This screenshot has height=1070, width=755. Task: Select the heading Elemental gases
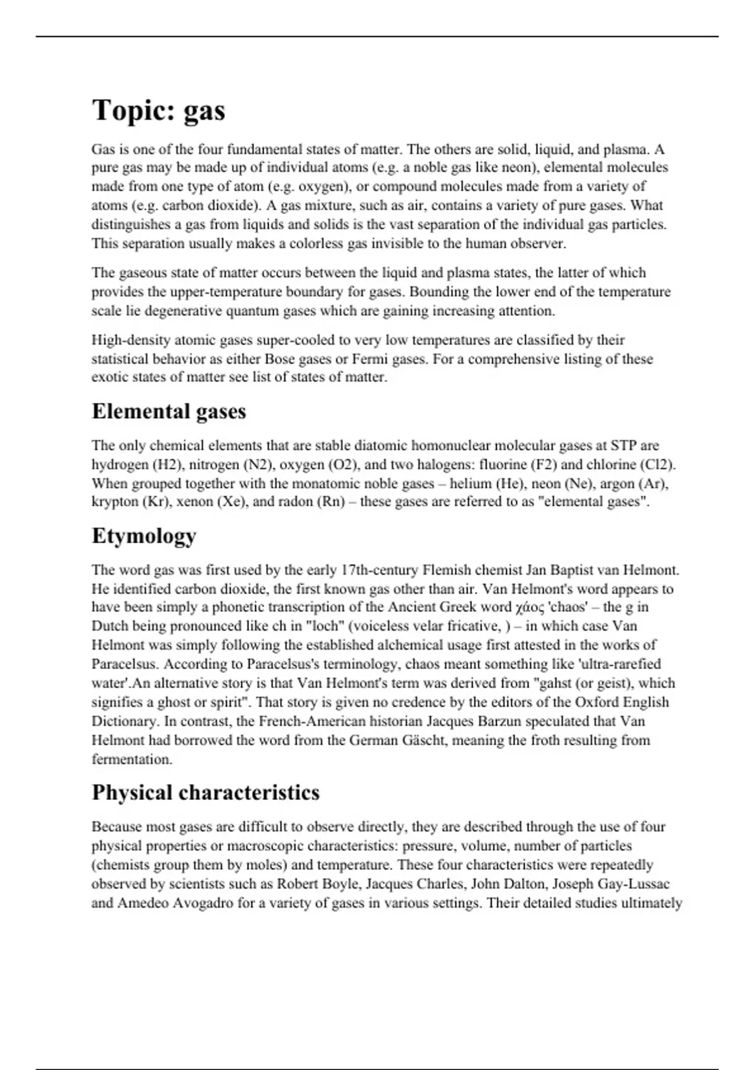tap(169, 411)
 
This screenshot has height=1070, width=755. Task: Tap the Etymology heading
tap(144, 536)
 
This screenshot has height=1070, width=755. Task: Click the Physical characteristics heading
tap(206, 792)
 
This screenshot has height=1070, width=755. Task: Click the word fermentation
tap(131, 759)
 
